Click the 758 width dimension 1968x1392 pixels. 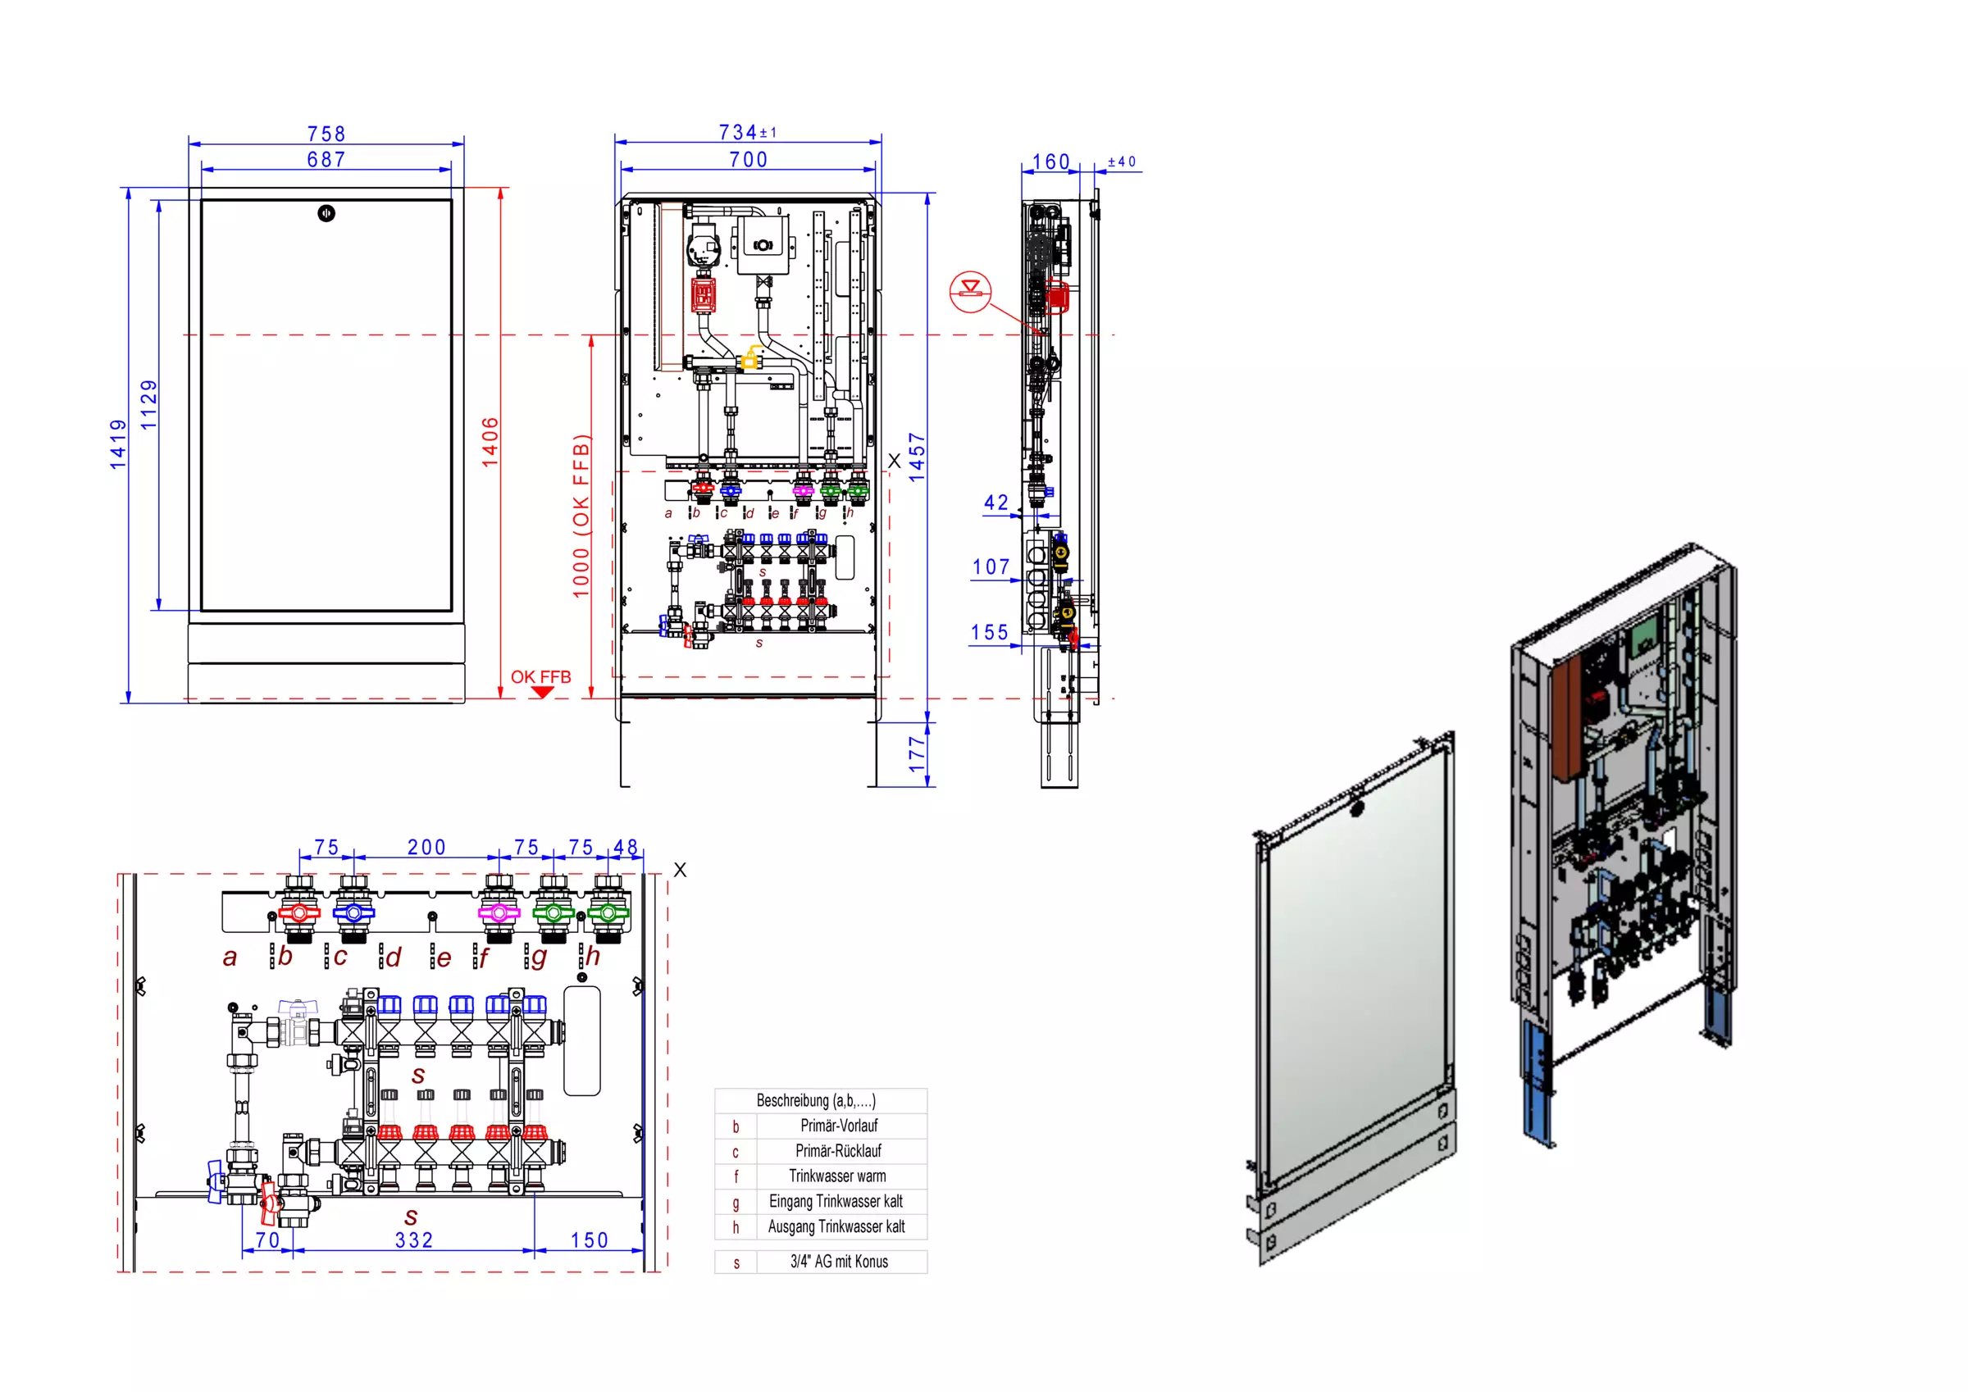coord(326,134)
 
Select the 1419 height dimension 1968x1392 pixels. coord(118,444)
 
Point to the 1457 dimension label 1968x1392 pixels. coord(917,457)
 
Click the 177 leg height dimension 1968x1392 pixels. coord(917,754)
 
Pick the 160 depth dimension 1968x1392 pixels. coord(1051,162)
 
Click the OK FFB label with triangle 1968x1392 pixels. coord(541,682)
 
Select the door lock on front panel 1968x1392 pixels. coord(326,213)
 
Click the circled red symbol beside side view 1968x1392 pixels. coord(970,291)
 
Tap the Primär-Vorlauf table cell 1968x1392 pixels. coord(839,1126)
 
